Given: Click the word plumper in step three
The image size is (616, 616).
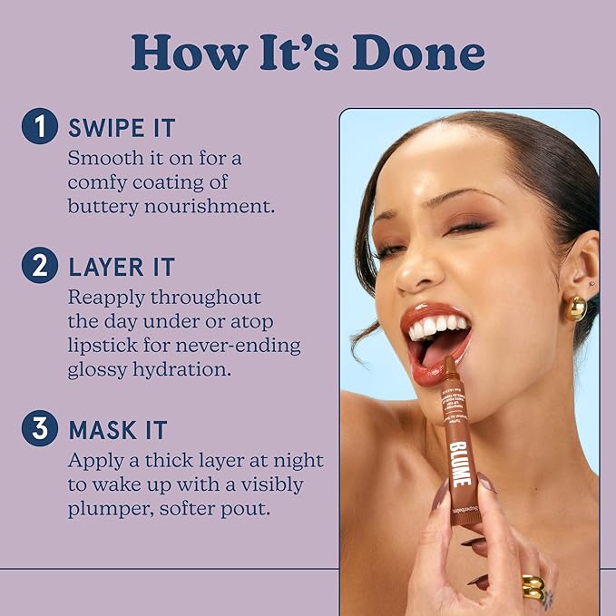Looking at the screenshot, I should pos(105,509).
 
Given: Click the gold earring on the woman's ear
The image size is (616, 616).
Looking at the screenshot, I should pos(576,308).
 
